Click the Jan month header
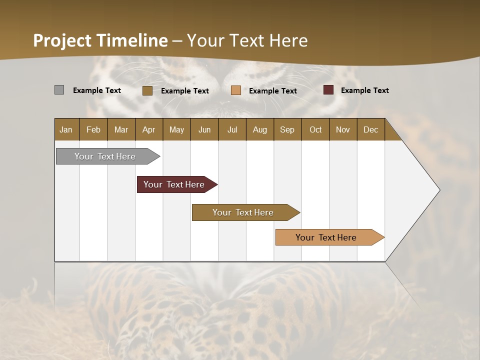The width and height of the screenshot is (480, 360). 66,129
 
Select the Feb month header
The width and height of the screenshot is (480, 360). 93,129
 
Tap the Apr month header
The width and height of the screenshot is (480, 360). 148,129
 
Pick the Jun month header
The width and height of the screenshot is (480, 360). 204,129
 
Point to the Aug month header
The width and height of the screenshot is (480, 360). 259,129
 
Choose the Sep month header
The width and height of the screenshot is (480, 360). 287,129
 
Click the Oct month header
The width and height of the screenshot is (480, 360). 315,129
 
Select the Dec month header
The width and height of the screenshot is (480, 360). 370,129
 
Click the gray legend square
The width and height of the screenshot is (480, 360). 59,90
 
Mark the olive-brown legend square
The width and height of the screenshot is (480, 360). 147,90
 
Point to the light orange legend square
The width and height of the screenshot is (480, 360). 236,90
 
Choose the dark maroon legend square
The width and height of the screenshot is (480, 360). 328,90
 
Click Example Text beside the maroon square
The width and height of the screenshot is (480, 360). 364,90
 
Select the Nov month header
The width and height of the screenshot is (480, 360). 343,129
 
